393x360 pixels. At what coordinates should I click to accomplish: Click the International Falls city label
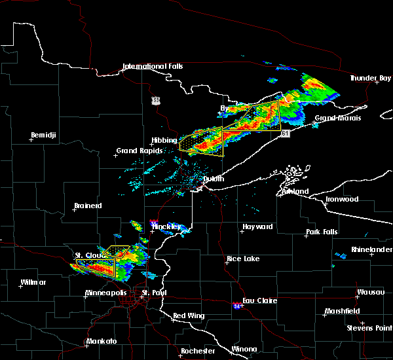pos(153,67)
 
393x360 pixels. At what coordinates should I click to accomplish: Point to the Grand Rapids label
pos(136,151)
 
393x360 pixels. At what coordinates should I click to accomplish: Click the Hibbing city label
pos(164,141)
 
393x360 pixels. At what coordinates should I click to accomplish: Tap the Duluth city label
pos(214,179)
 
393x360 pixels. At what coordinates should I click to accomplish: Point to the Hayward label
pos(257,227)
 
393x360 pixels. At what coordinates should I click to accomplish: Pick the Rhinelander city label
pos(369,249)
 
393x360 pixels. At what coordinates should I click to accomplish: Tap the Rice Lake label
pos(243,259)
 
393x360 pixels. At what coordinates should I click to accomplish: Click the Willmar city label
pos(33,282)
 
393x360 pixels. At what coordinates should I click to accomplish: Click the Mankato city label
pos(101,342)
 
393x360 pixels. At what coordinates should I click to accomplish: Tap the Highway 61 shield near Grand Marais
pos(286,134)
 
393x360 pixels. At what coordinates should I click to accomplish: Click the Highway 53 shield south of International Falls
pos(155,100)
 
